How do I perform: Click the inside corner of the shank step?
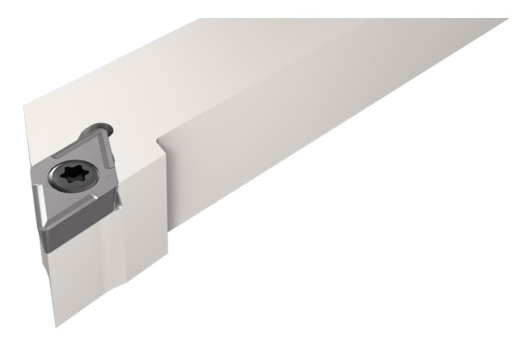159,141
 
